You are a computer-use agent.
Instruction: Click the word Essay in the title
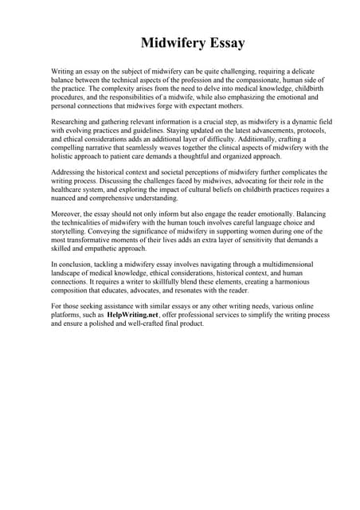click(x=225, y=43)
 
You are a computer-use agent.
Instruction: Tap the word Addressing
click(x=70, y=172)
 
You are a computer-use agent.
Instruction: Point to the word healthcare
click(x=70, y=190)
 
